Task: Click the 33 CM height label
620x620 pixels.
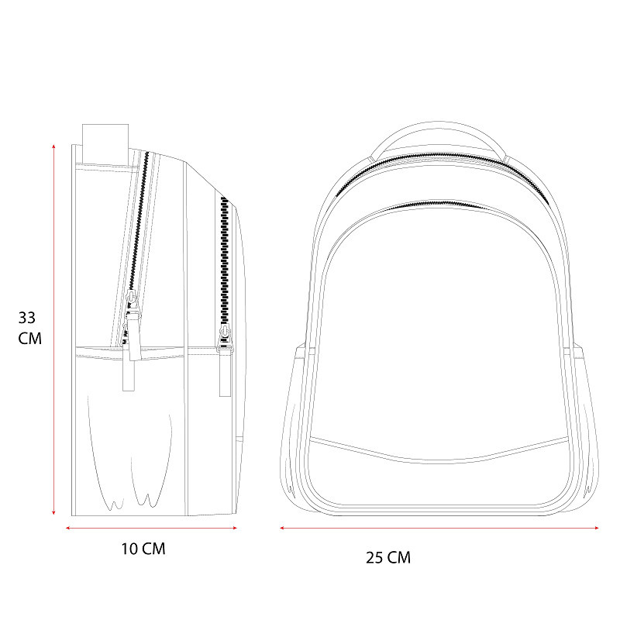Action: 29,328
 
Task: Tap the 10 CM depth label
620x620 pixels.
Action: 143,549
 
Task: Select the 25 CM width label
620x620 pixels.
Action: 388,557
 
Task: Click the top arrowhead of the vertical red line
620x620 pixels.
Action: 53,146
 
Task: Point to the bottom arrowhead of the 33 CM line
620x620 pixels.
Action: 53,513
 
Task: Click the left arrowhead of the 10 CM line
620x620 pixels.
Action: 67,528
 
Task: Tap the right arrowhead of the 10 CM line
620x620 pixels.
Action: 235,528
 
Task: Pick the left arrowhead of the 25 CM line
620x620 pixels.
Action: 282,528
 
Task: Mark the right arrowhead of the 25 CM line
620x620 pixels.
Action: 597,528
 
